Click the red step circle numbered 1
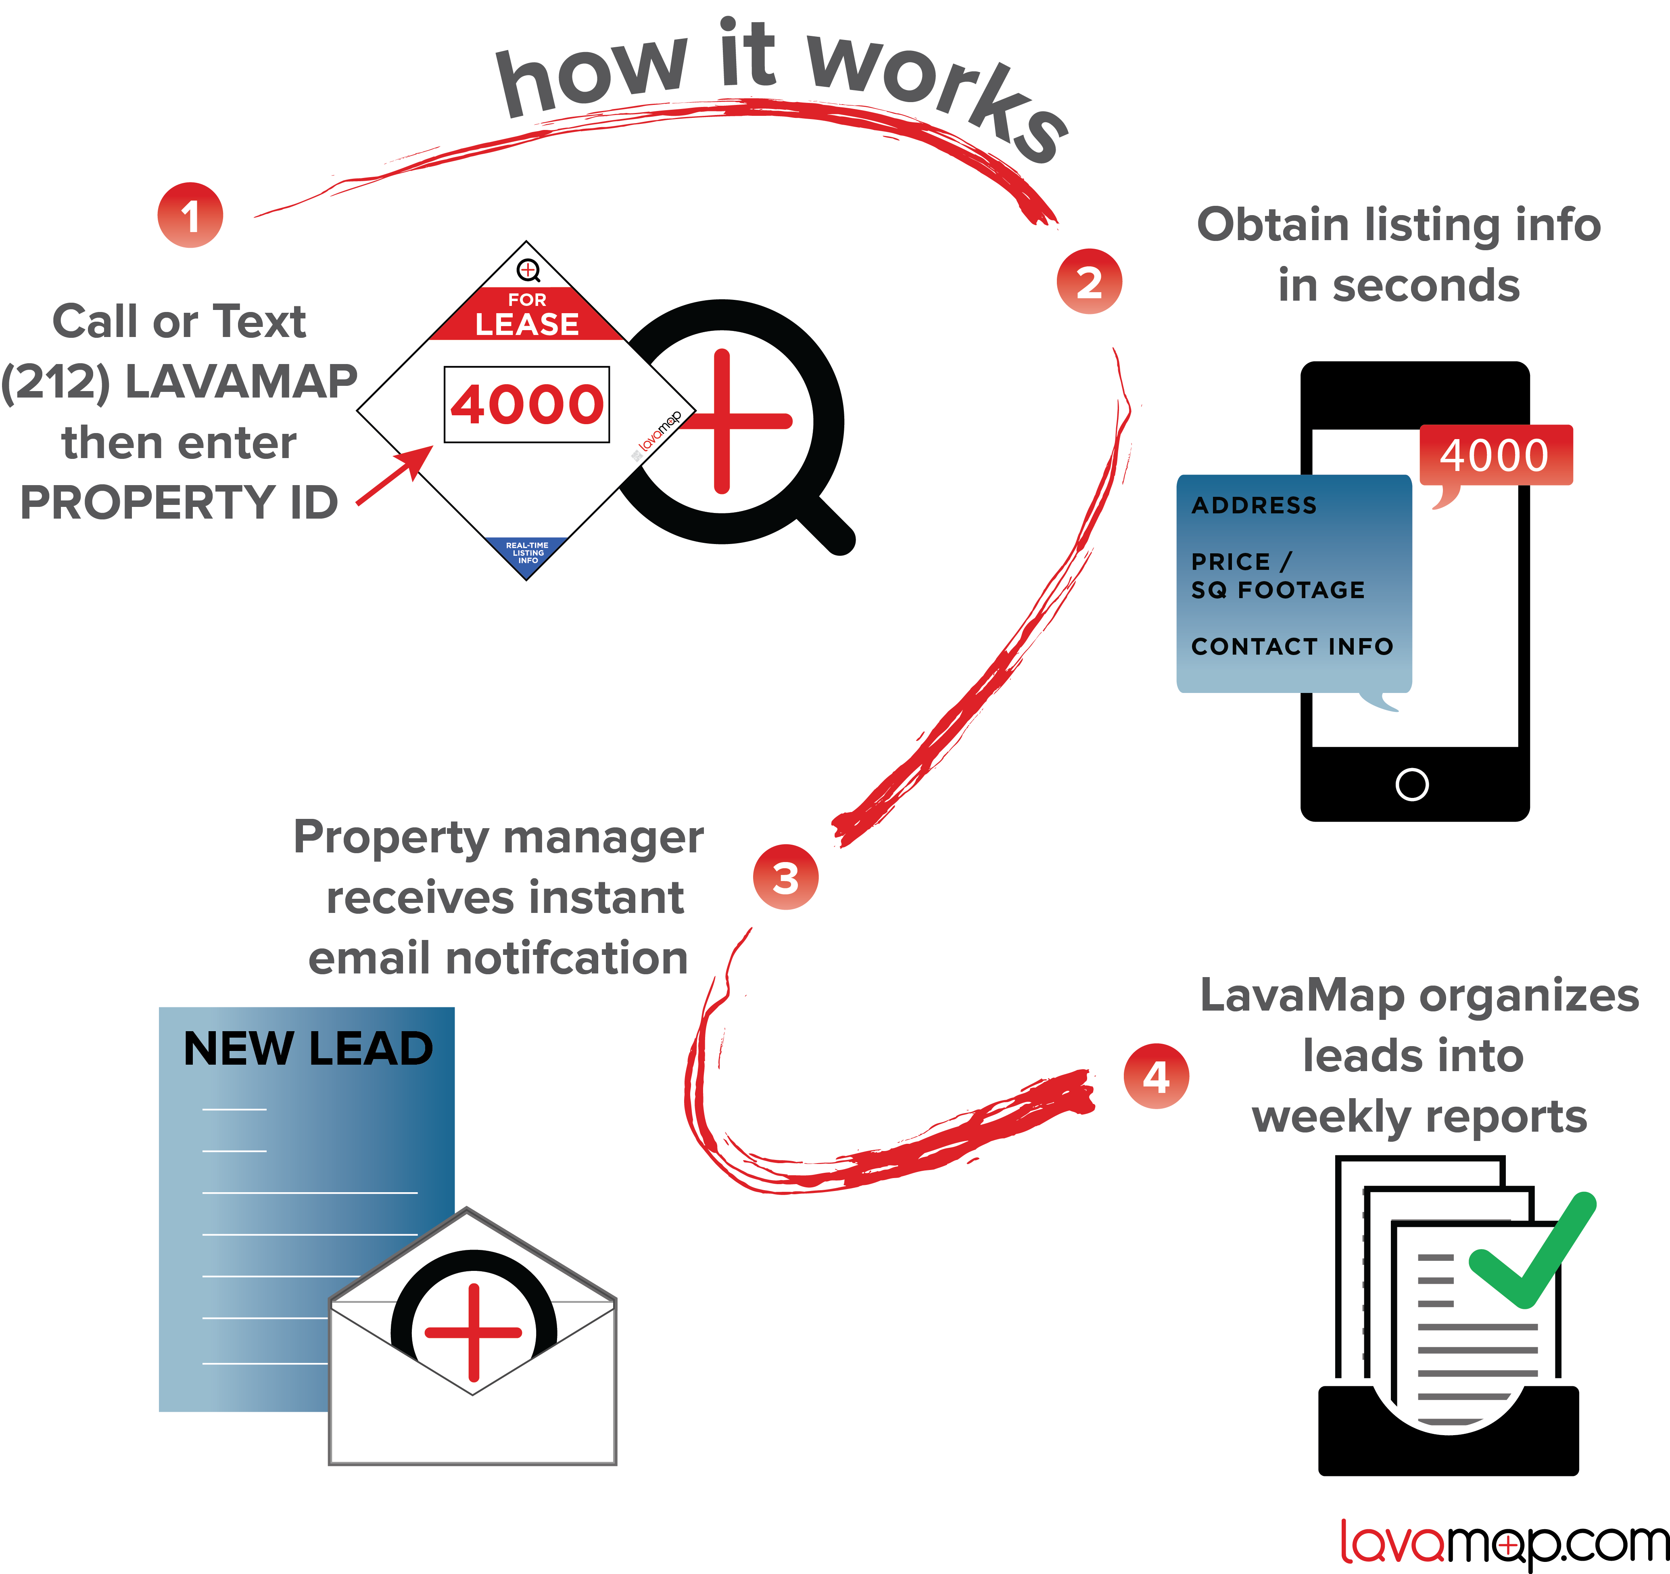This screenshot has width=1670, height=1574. pos(190,215)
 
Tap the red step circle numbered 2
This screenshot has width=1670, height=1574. pos(1089,282)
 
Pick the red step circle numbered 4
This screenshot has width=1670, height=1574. pos(1156,1076)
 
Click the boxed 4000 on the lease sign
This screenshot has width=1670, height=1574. pos(527,404)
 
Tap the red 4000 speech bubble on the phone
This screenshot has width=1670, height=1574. pos(1495,456)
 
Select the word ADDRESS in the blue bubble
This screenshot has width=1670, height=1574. pos(1254,505)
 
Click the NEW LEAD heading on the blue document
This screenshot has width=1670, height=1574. pos(307,1049)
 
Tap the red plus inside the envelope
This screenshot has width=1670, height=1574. pos(474,1332)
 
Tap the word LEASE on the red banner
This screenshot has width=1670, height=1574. pos(527,324)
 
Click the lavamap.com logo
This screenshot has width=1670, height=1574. pos(1504,1543)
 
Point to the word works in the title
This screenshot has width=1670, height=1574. pos(937,92)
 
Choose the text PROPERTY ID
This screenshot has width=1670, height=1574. pos(179,502)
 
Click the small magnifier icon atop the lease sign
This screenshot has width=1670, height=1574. pos(528,270)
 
